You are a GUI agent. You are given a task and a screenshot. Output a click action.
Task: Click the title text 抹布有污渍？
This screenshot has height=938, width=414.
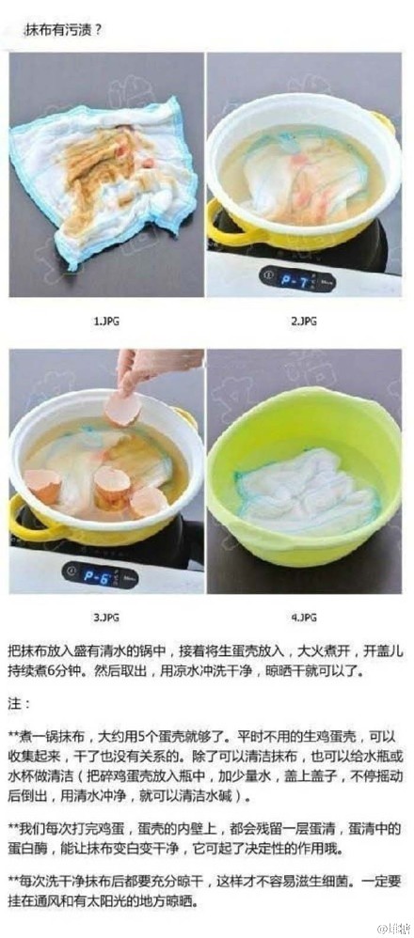pos(68,29)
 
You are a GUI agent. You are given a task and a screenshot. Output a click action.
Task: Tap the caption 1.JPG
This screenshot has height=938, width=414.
pos(104,320)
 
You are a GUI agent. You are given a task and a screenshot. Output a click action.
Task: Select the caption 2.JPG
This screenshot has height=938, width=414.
pos(303,320)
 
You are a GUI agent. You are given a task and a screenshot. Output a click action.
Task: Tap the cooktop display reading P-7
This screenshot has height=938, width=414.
pos(281,278)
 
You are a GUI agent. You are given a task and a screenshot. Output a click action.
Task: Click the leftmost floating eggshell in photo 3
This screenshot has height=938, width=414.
pos(43,485)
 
